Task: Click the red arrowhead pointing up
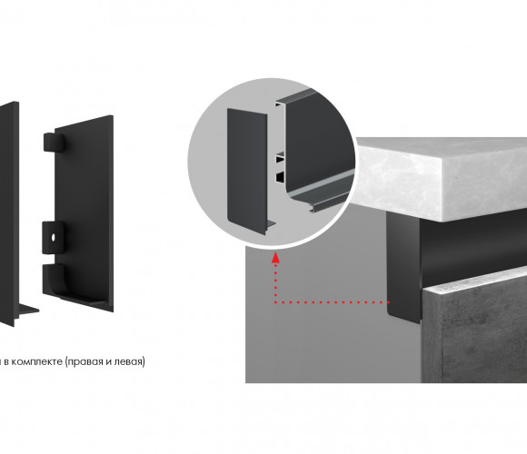click(x=275, y=258)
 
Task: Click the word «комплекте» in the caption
click(x=35, y=361)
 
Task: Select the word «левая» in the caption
click(x=129, y=362)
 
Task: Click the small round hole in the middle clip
click(x=53, y=237)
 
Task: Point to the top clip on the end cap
click(x=54, y=142)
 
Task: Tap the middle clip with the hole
click(x=53, y=237)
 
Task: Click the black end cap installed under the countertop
click(x=403, y=267)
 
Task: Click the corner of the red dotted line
click(x=275, y=302)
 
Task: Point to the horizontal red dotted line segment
click(x=332, y=302)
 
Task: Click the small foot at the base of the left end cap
click(x=27, y=310)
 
